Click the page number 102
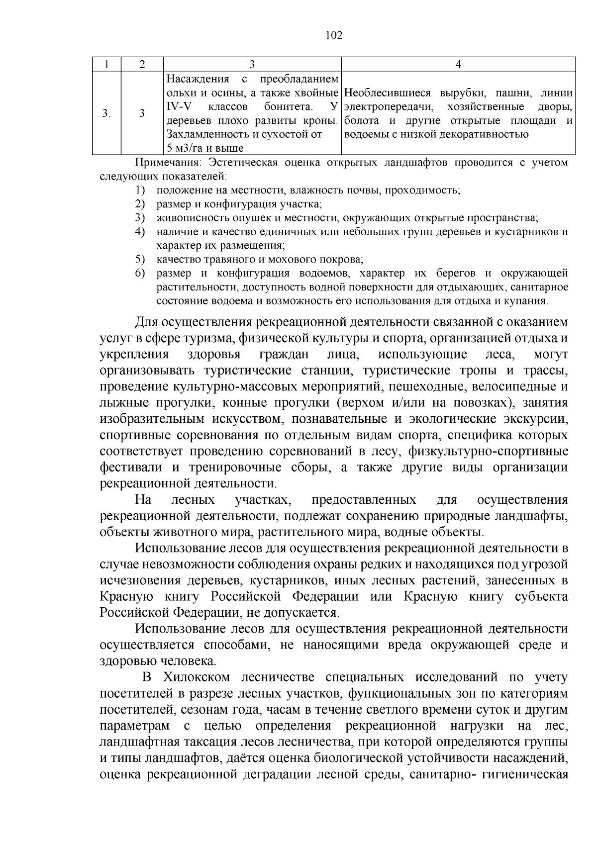334,35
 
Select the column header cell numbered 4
458,64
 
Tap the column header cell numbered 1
106,64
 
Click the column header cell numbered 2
142,64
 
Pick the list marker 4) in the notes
139,231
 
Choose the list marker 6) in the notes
139,273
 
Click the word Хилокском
193,677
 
